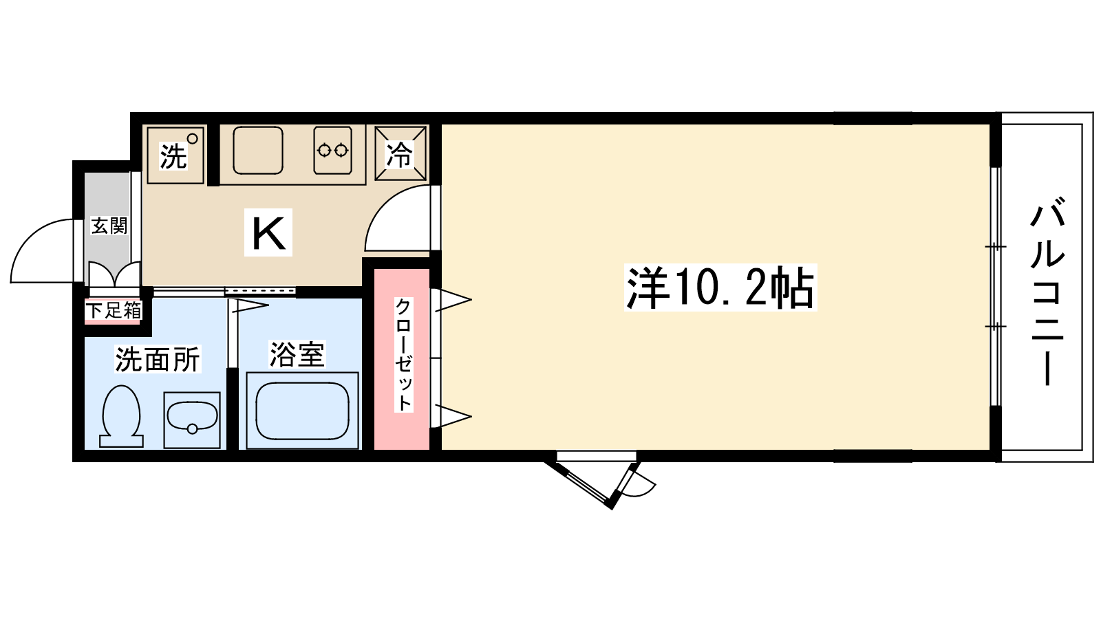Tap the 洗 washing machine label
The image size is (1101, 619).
click(x=173, y=156)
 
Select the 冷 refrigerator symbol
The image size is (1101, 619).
click(x=400, y=154)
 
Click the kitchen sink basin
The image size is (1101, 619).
click(x=258, y=150)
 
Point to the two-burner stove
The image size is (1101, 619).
click(x=332, y=150)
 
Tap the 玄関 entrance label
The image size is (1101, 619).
click(x=109, y=226)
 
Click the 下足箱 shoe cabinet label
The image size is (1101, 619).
click(x=114, y=310)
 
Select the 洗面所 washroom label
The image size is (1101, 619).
click(x=157, y=359)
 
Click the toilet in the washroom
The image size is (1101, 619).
click(x=121, y=415)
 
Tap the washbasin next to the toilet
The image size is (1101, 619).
click(x=192, y=418)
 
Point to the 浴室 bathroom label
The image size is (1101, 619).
click(x=297, y=354)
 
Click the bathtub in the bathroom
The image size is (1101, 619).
click(x=302, y=411)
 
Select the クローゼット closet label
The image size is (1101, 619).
click(x=403, y=354)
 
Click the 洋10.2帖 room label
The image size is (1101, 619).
click(x=720, y=287)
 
